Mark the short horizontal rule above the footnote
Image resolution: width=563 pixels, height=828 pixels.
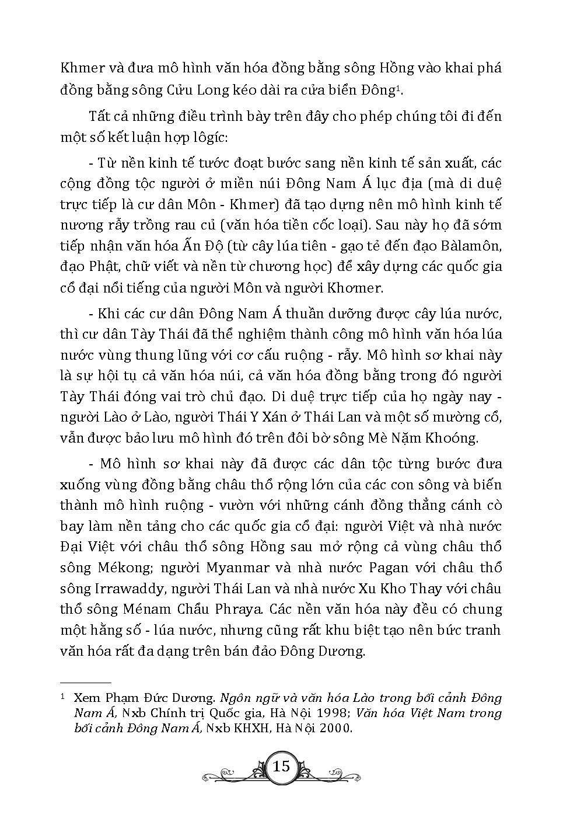pyautogui.click(x=86, y=682)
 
